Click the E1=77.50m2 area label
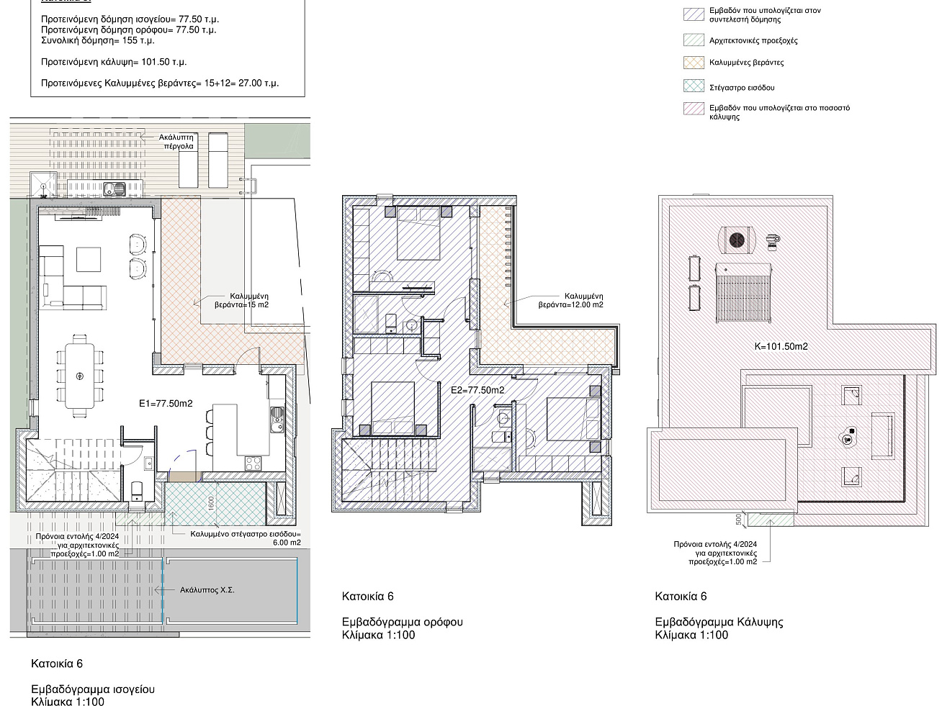[x=166, y=403]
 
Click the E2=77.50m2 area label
[x=477, y=390]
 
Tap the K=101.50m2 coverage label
[x=781, y=346]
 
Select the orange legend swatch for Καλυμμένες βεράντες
[x=694, y=63]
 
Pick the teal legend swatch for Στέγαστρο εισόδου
[x=694, y=86]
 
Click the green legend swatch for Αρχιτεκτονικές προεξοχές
[x=694, y=40]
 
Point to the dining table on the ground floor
[x=79, y=376]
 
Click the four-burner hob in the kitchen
[x=253, y=463]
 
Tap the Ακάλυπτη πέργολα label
[x=176, y=142]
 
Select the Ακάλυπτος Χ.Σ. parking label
[x=207, y=590]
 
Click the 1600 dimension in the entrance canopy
[x=211, y=503]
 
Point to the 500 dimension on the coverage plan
[x=739, y=520]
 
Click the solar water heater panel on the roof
[x=744, y=294]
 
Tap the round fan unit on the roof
[x=737, y=240]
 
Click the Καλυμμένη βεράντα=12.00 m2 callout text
[x=571, y=301]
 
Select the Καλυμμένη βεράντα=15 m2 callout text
[x=241, y=301]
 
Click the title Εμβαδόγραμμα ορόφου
[x=403, y=622]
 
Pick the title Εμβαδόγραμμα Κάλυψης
[x=719, y=622]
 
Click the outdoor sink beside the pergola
[x=115, y=188]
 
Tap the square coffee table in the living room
[x=89, y=259]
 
